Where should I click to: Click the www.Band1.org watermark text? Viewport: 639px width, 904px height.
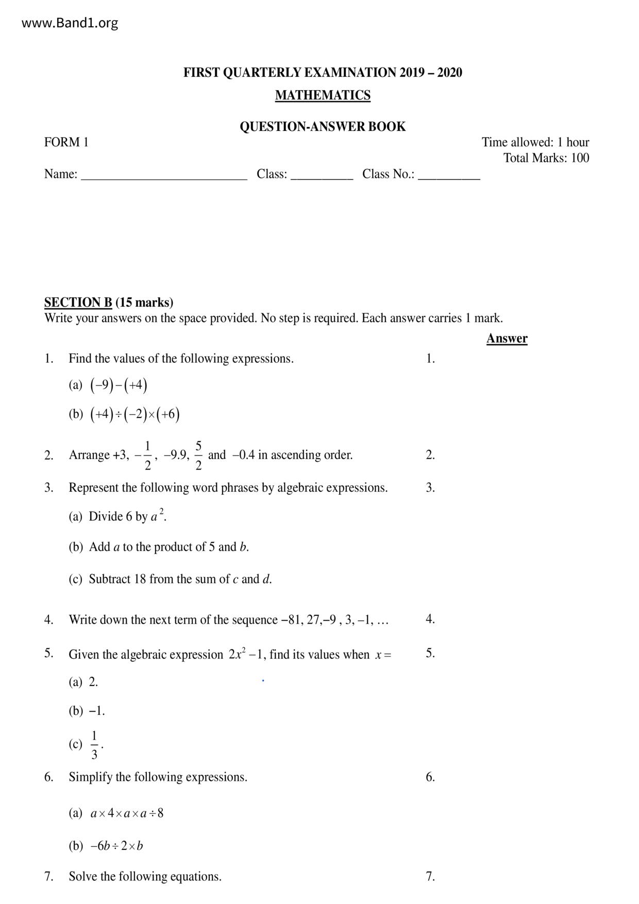(70, 23)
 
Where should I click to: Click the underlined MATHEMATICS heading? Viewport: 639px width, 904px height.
(323, 95)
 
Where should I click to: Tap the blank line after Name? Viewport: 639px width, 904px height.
(164, 175)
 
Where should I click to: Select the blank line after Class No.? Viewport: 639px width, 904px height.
(449, 175)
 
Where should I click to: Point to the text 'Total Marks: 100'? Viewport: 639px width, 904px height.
(546, 158)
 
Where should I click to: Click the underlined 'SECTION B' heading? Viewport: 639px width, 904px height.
(78, 303)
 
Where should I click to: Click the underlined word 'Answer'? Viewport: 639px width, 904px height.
(507, 339)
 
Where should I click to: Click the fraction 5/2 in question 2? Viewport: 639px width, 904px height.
(199, 455)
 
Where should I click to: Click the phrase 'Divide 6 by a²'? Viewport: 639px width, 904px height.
(127, 516)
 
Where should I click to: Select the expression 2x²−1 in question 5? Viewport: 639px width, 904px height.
(246, 655)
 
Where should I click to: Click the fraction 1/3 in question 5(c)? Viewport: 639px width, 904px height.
(94, 745)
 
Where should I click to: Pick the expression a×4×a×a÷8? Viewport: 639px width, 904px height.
(127, 813)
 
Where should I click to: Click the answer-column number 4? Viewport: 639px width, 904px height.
(430, 620)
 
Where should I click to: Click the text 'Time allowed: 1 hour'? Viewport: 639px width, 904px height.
(535, 142)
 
